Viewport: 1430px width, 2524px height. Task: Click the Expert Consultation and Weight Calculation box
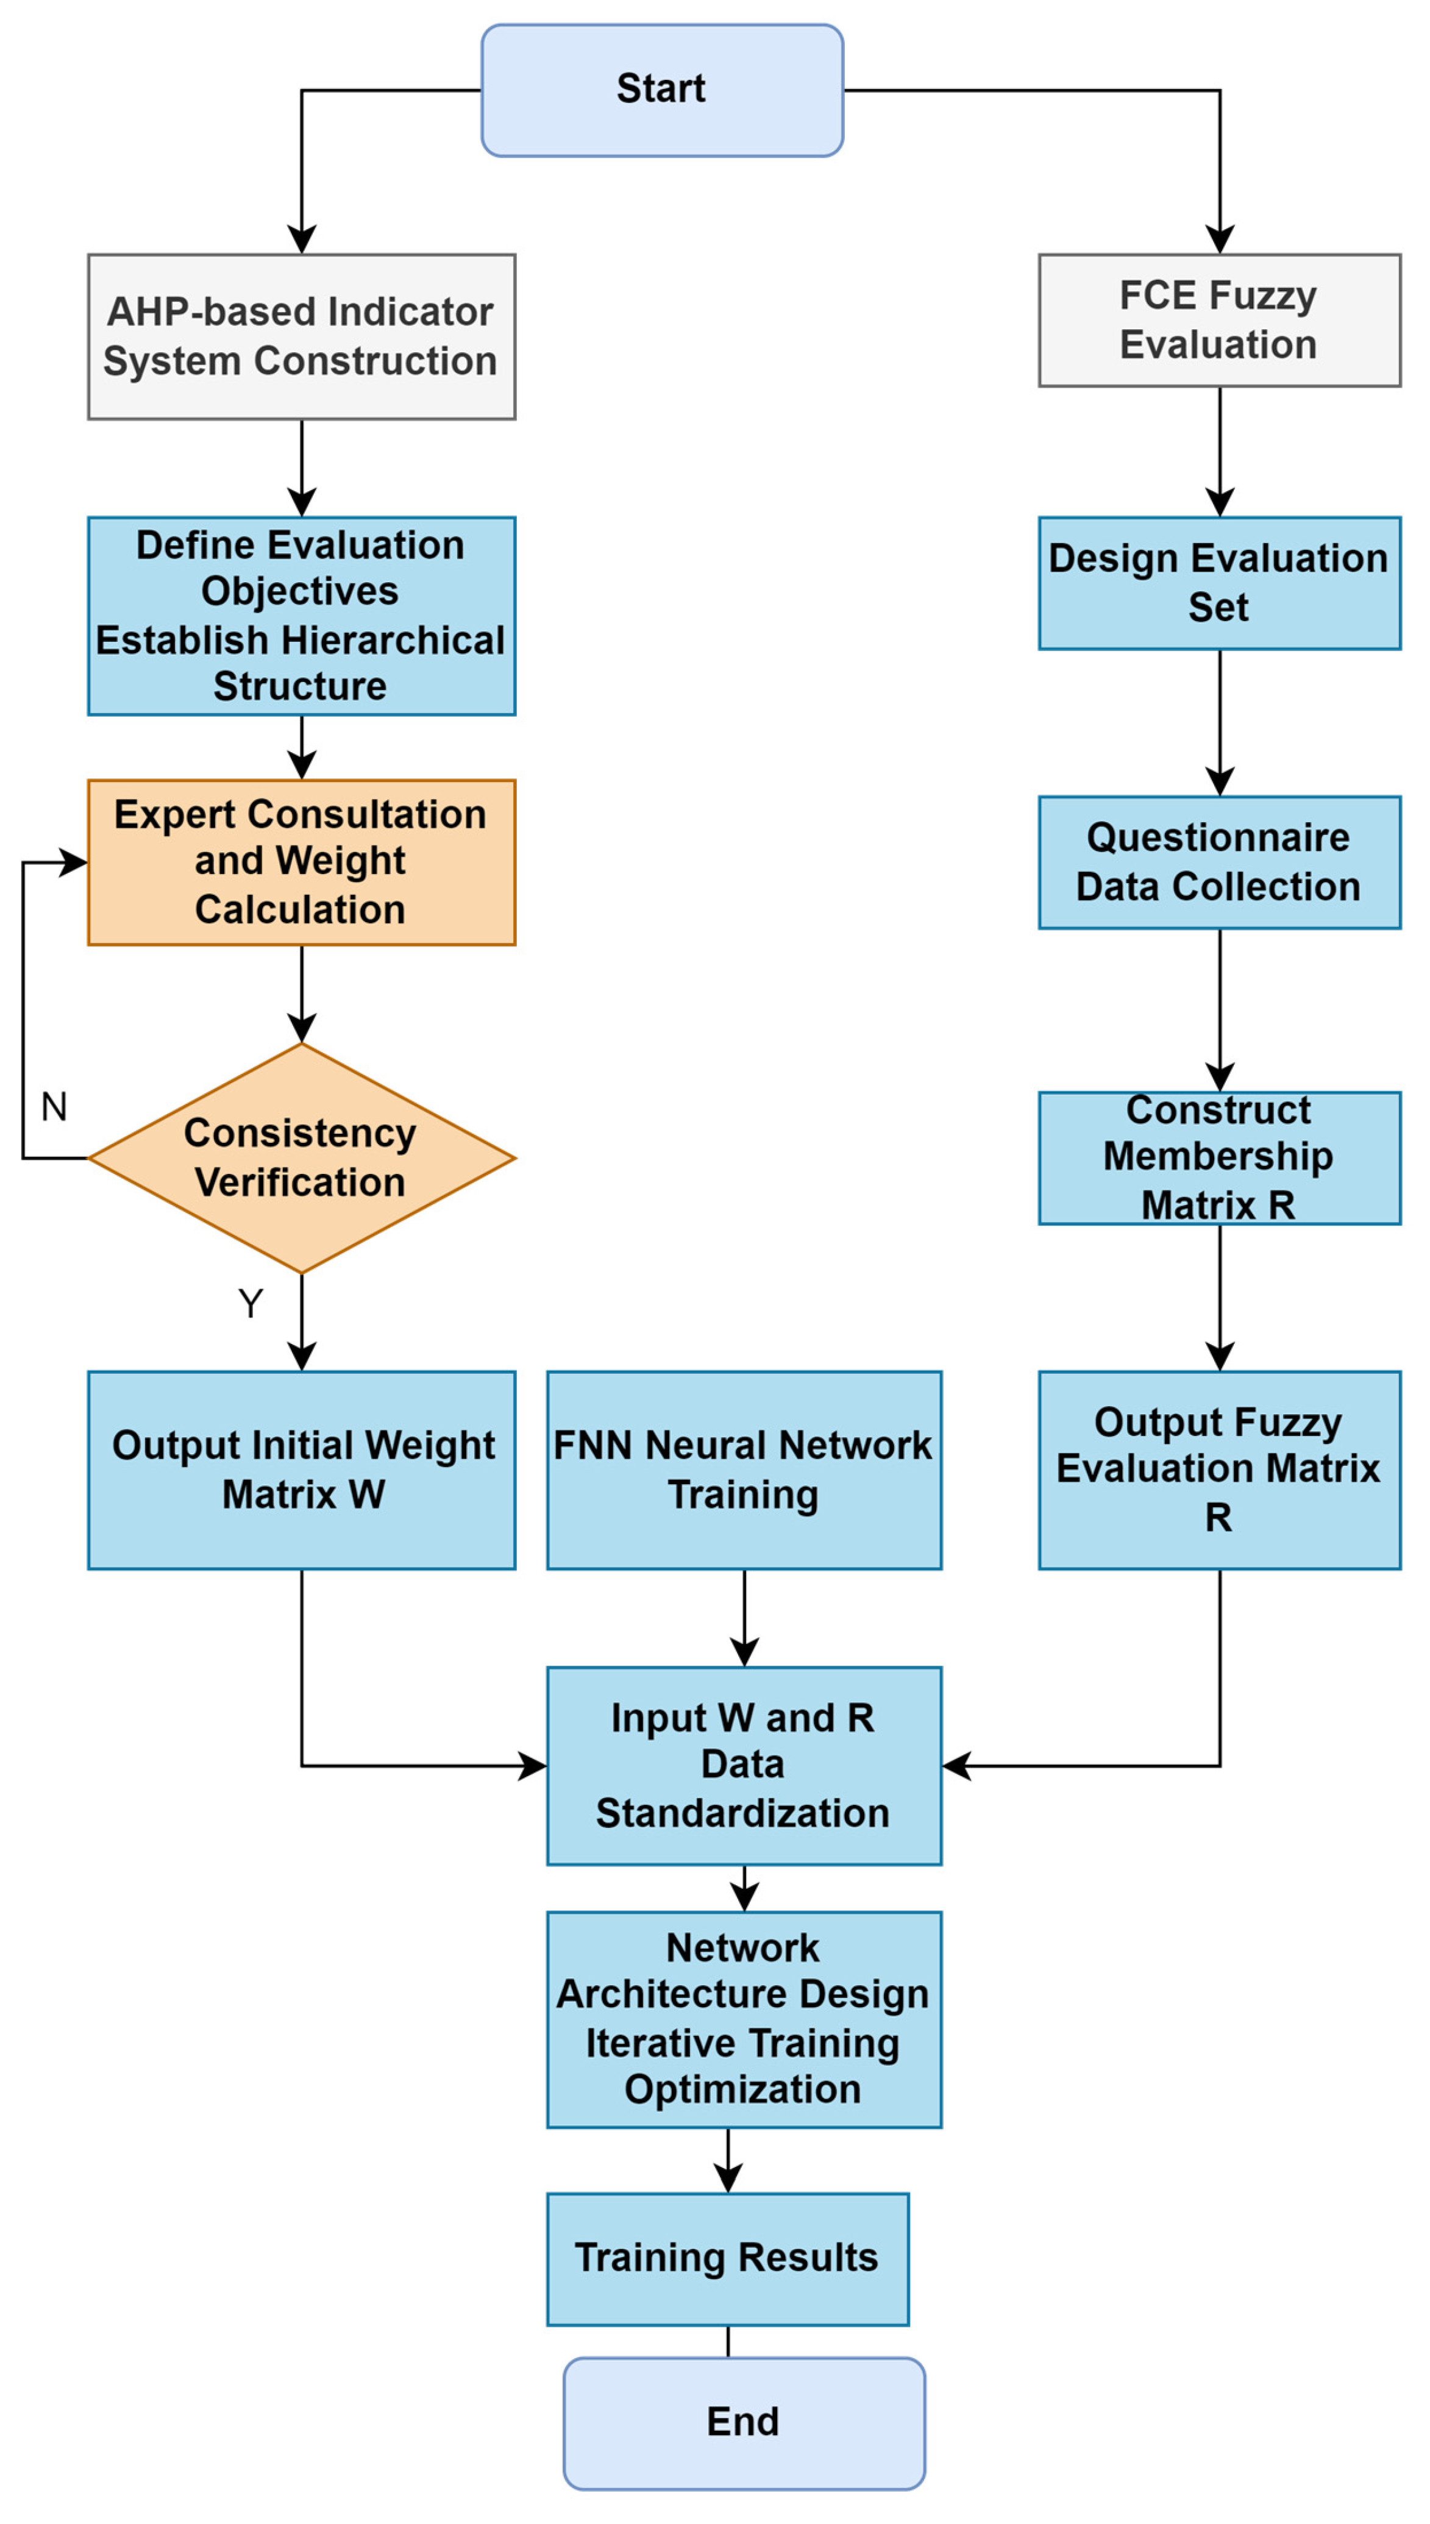pos(301,862)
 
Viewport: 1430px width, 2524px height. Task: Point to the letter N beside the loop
pos(54,1107)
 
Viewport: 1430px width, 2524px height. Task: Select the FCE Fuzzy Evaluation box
pos(1219,320)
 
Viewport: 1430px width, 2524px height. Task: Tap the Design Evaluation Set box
pos(1219,582)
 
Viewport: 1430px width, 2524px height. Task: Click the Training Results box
pos(727,2258)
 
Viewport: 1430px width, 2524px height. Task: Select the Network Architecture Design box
pos(744,2019)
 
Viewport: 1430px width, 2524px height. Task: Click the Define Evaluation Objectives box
pos(301,616)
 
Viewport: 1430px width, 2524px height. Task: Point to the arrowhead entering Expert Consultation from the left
pos(74,862)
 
